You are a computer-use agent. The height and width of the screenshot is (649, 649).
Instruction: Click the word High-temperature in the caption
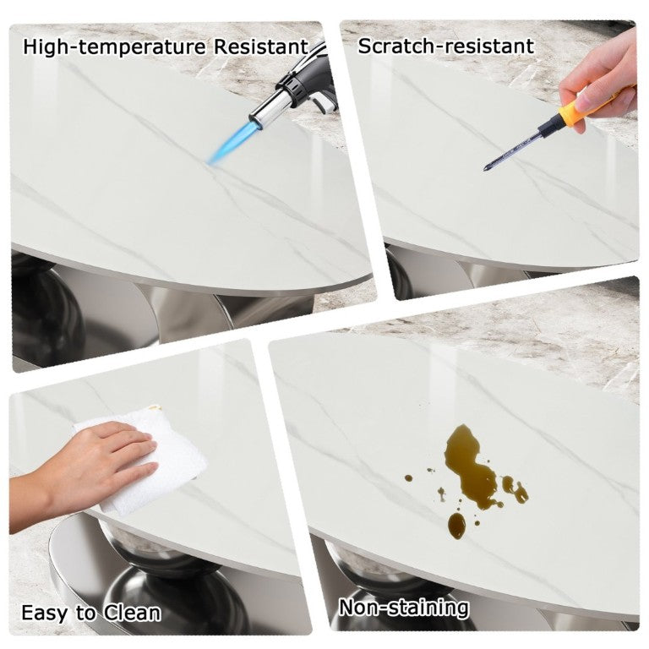[114, 47]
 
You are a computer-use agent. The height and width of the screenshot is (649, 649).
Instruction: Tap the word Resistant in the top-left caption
[261, 46]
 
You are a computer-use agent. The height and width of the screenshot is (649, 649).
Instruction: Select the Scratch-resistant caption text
[446, 46]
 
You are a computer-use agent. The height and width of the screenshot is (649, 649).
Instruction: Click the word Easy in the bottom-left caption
[45, 614]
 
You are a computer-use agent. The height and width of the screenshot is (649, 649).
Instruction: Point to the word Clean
[132, 613]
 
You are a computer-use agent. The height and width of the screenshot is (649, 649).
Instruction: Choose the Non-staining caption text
[404, 608]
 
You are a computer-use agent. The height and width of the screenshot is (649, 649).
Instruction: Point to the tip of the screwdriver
[485, 169]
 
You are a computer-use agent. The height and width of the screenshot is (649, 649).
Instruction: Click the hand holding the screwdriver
[600, 79]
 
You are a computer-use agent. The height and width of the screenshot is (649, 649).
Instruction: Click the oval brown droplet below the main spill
[456, 526]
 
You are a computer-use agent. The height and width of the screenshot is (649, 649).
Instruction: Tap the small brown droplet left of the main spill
[408, 478]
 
